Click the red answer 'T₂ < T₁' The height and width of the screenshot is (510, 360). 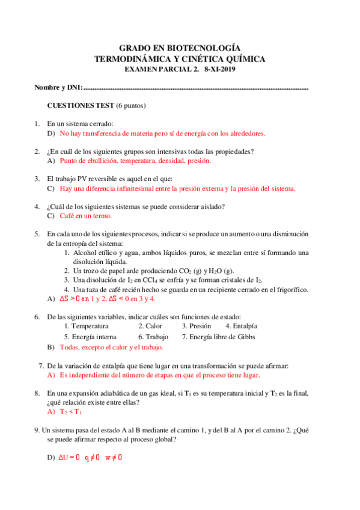coord(70,411)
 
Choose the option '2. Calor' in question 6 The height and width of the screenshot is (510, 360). coord(150,326)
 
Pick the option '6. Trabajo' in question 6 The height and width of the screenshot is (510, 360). coord(153,337)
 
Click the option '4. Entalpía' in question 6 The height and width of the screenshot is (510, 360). coord(241,326)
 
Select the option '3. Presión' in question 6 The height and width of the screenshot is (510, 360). coord(197,326)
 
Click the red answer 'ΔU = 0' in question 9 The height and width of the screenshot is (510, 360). coord(69,458)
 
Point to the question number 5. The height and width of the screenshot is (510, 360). coord(37,234)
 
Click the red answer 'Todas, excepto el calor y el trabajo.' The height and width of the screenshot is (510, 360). coord(111,347)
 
